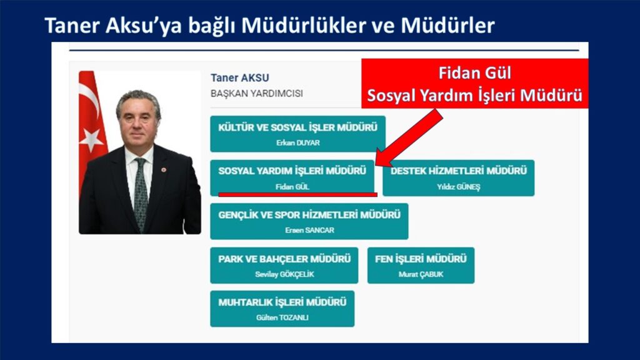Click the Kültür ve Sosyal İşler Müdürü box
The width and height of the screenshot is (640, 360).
pyautogui.click(x=297, y=134)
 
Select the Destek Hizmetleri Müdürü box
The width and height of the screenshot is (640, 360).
pyautogui.click(x=458, y=178)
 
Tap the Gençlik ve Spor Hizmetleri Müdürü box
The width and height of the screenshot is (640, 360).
pyautogui.click(x=309, y=221)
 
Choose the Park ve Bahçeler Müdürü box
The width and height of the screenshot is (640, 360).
pyautogui.click(x=284, y=265)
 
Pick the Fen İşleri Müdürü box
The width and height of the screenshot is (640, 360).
pyautogui.click(x=421, y=265)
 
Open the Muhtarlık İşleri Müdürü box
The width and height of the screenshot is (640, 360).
pyautogui.click(x=282, y=309)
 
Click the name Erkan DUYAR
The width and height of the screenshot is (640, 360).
pyautogui.click(x=298, y=143)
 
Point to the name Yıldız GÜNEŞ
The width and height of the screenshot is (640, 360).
pyautogui.click(x=458, y=187)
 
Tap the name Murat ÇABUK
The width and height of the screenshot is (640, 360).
pyautogui.click(x=421, y=274)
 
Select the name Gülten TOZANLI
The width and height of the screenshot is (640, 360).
pyautogui.click(x=282, y=317)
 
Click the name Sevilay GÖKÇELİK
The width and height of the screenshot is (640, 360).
pyautogui.click(x=284, y=274)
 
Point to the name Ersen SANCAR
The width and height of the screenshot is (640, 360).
pyautogui.click(x=309, y=230)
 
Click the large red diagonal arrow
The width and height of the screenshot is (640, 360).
pyautogui.click(x=409, y=137)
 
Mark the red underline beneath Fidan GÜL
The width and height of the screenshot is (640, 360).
pyautogui.click(x=297, y=195)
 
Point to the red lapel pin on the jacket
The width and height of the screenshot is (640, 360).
pyautogui.click(x=164, y=169)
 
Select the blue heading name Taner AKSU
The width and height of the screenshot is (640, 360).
pyautogui.click(x=239, y=77)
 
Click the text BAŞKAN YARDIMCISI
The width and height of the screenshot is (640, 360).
pyautogui.click(x=256, y=94)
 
